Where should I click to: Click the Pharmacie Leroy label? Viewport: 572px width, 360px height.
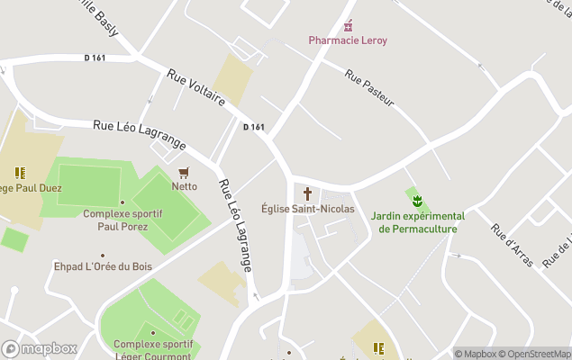pyautogui.click(x=348, y=40)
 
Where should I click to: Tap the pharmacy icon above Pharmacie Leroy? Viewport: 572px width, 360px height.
pyautogui.click(x=348, y=25)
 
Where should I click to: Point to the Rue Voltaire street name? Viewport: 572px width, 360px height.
pyautogui.click(x=195, y=90)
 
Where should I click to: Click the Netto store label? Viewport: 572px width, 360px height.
pyautogui.click(x=185, y=186)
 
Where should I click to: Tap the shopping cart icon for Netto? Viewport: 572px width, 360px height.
pyautogui.click(x=185, y=172)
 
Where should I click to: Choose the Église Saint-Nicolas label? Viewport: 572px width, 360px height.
pyautogui.click(x=308, y=209)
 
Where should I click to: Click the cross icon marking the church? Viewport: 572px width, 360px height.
pyautogui.click(x=308, y=193)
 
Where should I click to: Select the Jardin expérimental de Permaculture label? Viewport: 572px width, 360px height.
pyautogui.click(x=417, y=222)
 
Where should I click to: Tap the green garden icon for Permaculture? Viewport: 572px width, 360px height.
pyautogui.click(x=417, y=202)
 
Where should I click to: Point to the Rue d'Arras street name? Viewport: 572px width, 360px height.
pyautogui.click(x=512, y=245)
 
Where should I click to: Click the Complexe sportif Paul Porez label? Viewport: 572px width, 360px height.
pyautogui.click(x=123, y=220)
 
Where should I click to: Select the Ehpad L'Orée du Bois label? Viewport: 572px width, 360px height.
pyautogui.click(x=104, y=266)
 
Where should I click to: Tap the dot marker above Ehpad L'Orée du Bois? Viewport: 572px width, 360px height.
pyautogui.click(x=104, y=255)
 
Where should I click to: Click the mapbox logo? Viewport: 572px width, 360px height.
pyautogui.click(x=40, y=348)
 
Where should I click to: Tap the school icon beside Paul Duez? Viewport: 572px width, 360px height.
pyautogui.click(x=19, y=173)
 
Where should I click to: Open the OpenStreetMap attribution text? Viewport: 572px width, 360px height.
pyautogui.click(x=538, y=354)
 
